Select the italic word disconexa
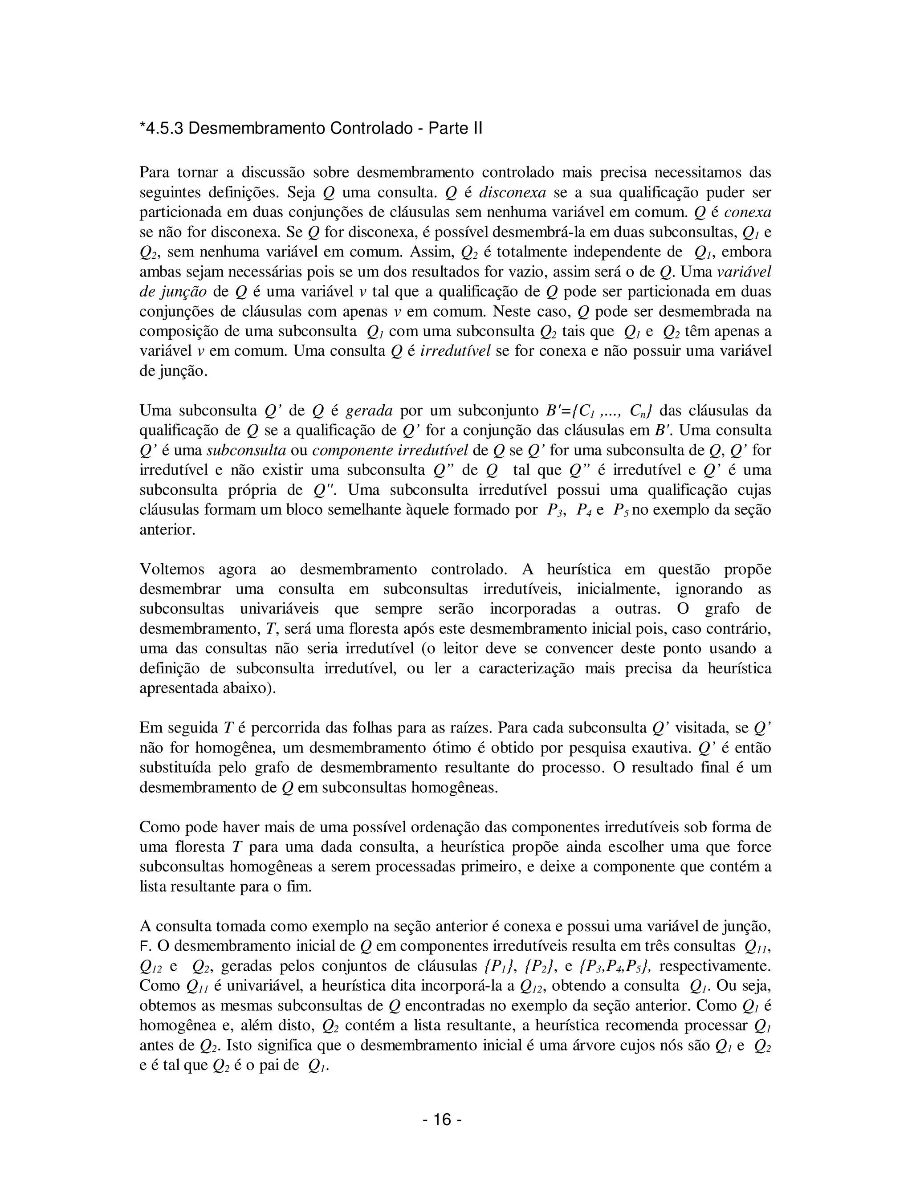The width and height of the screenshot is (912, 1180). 513,192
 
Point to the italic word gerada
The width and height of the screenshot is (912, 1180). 369,411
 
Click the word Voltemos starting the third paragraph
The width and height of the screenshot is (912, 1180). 172,569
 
